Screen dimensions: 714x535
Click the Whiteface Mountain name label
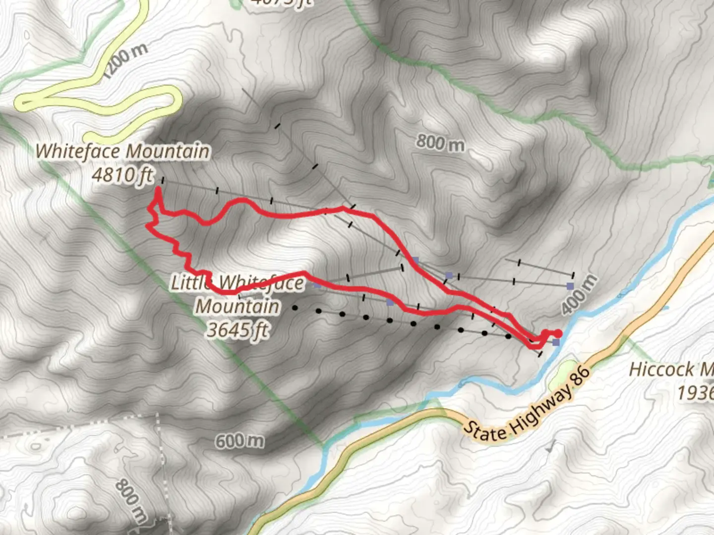coord(122,151)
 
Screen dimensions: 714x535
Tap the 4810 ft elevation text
coord(122,174)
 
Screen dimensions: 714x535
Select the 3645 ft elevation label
coord(238,329)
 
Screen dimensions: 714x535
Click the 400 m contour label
coord(579,295)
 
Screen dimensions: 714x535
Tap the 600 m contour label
coord(239,440)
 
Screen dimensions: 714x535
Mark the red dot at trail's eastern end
coord(558,333)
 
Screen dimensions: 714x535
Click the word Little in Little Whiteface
coord(191,282)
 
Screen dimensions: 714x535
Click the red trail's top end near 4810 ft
coord(158,189)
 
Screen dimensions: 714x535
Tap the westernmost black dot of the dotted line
coord(295,308)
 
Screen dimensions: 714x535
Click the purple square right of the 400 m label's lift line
coord(570,286)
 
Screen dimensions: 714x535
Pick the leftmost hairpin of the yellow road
coord(23,103)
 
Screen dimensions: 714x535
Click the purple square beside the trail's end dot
coord(556,342)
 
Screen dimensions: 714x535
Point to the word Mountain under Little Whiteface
coord(238,306)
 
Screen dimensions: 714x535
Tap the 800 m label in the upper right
coord(440,143)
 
